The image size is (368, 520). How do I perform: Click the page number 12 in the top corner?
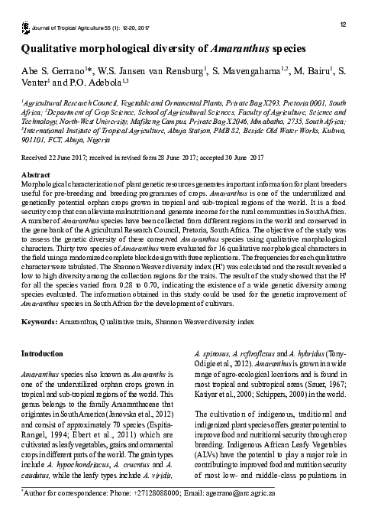click(343, 25)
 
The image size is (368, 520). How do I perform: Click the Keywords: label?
click(39, 324)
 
